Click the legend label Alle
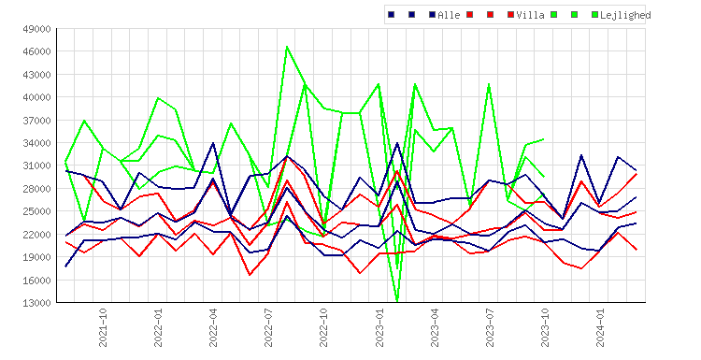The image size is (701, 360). click(449, 15)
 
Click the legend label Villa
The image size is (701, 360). click(530, 15)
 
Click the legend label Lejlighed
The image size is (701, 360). click(625, 16)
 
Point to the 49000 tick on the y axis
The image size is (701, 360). click(36, 29)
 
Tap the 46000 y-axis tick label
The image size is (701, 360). click(36, 51)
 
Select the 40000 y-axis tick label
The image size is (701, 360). click(36, 97)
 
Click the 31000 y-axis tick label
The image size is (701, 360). click(36, 166)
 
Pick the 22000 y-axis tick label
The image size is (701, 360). click(36, 235)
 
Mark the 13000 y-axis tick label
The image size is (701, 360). click(36, 303)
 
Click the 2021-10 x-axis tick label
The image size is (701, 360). click(103, 327)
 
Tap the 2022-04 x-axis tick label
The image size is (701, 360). click(213, 327)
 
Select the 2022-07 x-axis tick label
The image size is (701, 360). click(268, 327)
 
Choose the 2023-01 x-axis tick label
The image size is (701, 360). click(379, 327)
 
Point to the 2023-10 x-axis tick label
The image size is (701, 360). click(545, 327)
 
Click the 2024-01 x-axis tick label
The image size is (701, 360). click(600, 327)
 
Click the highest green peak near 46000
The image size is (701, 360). click(287, 47)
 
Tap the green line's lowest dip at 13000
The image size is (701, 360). click(397, 301)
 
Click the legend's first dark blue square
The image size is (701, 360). click(392, 15)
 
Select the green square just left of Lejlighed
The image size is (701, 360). click(594, 15)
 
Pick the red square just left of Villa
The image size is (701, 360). click(510, 15)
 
